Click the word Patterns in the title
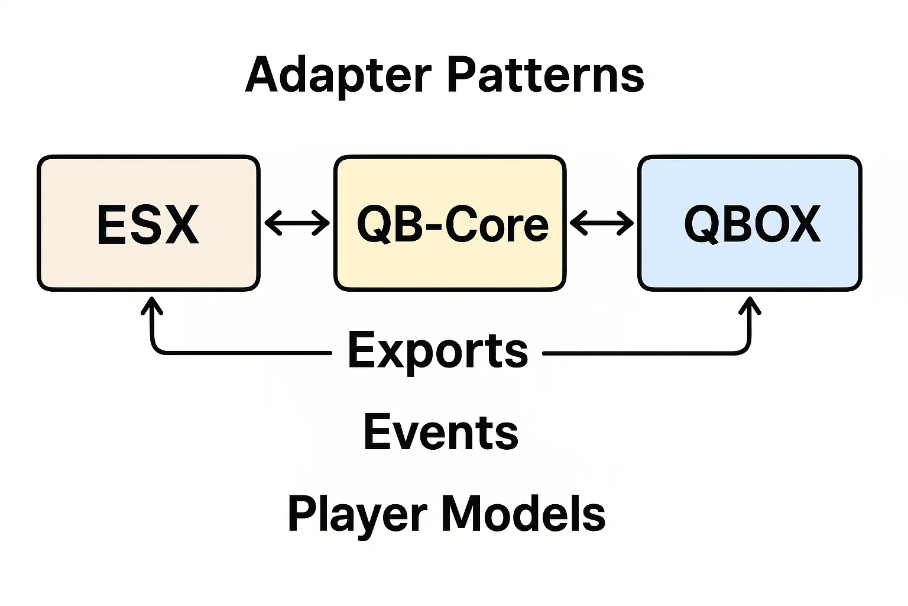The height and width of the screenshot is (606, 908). click(x=544, y=76)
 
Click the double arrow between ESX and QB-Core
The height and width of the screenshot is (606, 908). click(x=297, y=224)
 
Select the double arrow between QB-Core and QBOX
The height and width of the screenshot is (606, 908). click(x=602, y=224)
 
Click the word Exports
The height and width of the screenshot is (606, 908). click(x=437, y=350)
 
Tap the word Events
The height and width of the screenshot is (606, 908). click(x=440, y=432)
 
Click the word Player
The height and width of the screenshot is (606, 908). click(x=356, y=514)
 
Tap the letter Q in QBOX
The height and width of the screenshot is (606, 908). click(x=702, y=225)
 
